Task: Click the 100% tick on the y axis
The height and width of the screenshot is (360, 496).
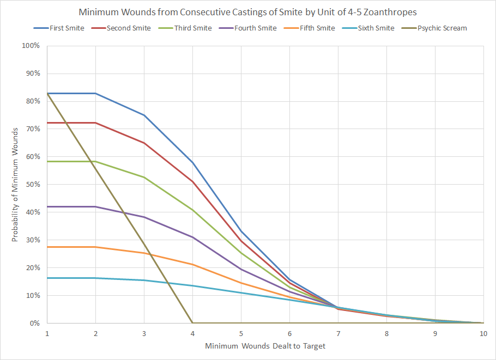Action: pos(31,46)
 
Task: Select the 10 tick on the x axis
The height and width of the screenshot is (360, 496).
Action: pos(483,333)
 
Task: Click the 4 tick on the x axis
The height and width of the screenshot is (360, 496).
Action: pos(192,333)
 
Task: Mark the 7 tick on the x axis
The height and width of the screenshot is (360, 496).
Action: pos(338,333)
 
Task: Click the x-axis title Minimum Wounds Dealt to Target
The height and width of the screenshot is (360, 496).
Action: pos(265,346)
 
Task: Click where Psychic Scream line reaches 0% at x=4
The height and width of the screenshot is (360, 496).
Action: pos(192,323)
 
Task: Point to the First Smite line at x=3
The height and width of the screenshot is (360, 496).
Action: pos(144,115)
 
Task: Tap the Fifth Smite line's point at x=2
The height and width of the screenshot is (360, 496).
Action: pos(95,247)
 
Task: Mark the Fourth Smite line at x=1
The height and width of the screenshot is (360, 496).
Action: pos(47,207)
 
